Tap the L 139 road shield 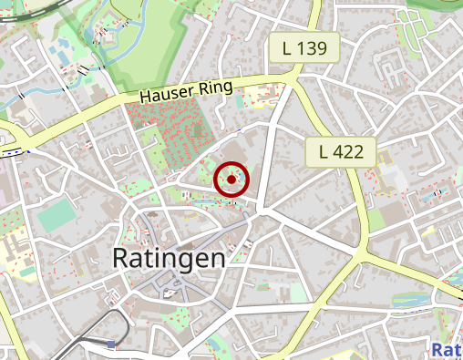click(304, 46)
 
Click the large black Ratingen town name click(169, 258)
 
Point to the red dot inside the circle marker click(231, 180)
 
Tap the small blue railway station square click(111, 345)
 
